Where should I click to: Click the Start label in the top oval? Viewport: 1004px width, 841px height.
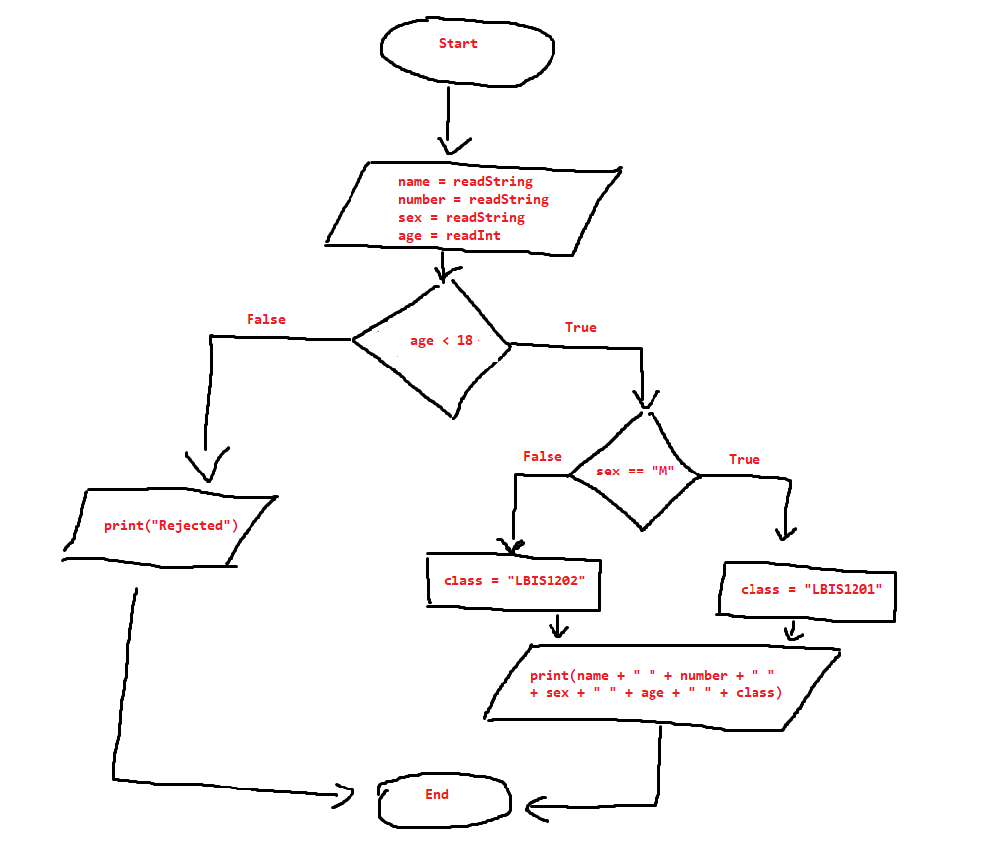[x=457, y=44]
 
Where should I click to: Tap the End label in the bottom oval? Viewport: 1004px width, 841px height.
[x=436, y=794]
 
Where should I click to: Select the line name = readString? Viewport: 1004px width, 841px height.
[x=464, y=182]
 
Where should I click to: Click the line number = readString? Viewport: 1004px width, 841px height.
[x=472, y=200]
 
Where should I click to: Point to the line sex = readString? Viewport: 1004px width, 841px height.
[x=460, y=218]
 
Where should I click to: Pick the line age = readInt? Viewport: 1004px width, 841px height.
[x=449, y=236]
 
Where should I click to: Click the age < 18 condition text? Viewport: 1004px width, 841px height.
[x=442, y=341]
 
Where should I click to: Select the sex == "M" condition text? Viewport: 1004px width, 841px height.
[x=634, y=472]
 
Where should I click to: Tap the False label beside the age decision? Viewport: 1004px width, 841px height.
[x=265, y=320]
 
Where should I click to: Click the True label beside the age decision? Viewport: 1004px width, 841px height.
[x=581, y=328]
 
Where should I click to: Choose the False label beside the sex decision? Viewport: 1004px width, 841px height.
[x=542, y=457]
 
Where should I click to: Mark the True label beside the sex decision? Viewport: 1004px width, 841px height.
[x=745, y=460]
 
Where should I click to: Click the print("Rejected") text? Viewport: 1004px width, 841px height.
[x=170, y=526]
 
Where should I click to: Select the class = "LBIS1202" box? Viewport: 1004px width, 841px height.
[x=514, y=580]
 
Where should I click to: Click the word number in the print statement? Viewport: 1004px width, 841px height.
[x=703, y=676]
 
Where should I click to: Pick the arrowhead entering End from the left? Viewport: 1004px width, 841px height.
[x=344, y=793]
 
